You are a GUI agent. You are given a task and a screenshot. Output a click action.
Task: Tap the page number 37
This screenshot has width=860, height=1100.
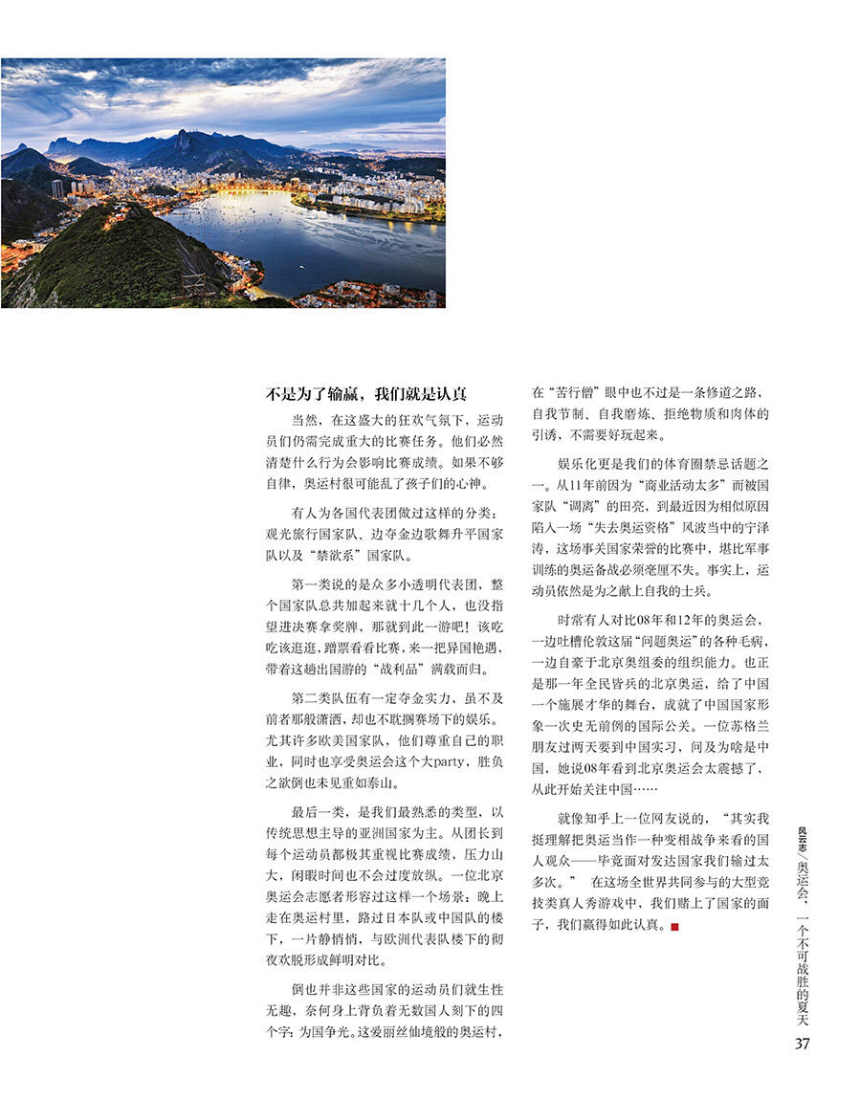point(802,1044)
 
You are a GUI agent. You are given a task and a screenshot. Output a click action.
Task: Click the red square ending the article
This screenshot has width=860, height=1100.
point(675,926)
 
